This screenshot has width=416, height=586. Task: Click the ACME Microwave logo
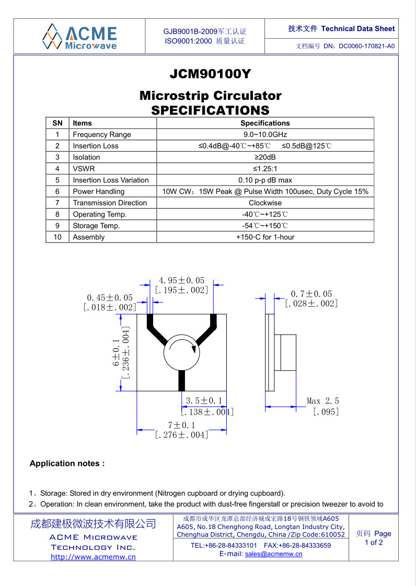pyautogui.click(x=80, y=36)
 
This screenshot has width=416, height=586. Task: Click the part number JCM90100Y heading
pyautogui.click(x=210, y=74)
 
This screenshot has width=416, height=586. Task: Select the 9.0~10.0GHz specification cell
pyautogui.click(x=265, y=134)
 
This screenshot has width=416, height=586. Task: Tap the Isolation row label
pyautogui.click(x=86, y=157)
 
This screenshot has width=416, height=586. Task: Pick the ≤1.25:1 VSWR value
pyautogui.click(x=265, y=168)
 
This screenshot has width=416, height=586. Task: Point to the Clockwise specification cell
pyautogui.click(x=265, y=203)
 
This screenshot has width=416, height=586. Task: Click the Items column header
pyautogui.click(x=82, y=123)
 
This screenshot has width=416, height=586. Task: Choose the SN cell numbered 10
pyautogui.click(x=57, y=237)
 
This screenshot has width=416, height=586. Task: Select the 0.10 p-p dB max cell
pyautogui.click(x=265, y=180)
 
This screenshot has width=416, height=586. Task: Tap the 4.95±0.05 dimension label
pyautogui.click(x=182, y=281)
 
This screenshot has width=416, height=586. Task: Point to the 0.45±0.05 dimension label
pyautogui.click(x=110, y=297)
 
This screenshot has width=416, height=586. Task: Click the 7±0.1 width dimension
pyautogui.click(x=181, y=426)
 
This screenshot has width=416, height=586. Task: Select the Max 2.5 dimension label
pyautogui.click(x=322, y=401)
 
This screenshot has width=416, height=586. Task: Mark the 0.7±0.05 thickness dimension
pyautogui.click(x=311, y=294)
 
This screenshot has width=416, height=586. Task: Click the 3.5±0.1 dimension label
pyautogui.click(x=204, y=401)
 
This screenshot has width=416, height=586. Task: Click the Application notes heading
pyautogui.click(x=67, y=464)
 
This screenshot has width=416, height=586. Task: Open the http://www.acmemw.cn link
pyautogui.click(x=93, y=557)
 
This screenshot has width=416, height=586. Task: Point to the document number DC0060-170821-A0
pyautogui.click(x=366, y=46)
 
